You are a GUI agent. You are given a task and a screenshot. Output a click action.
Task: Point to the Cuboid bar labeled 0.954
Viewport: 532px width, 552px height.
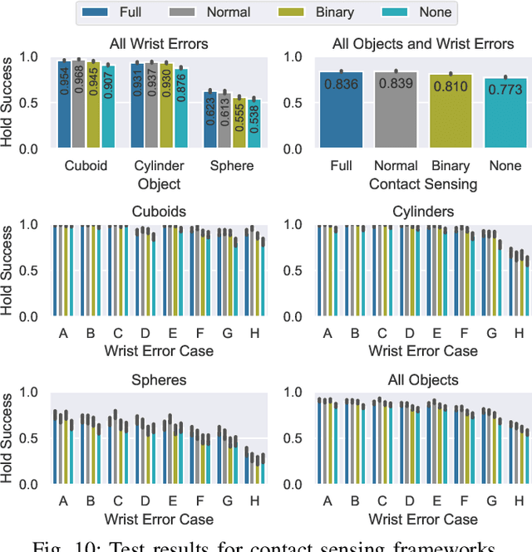coord(64,105)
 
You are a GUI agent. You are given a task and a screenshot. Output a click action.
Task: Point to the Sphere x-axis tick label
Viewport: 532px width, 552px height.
coord(233,165)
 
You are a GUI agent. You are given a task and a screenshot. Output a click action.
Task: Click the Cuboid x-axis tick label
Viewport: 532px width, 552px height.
coord(86,165)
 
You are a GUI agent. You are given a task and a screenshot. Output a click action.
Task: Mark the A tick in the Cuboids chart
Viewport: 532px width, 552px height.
coord(63,332)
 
